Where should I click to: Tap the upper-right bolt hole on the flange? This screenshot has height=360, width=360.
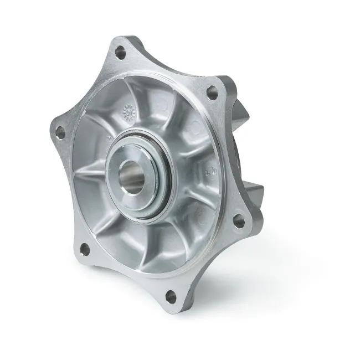pos(211,92)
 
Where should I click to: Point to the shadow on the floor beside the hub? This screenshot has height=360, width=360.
pos(266,266)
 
